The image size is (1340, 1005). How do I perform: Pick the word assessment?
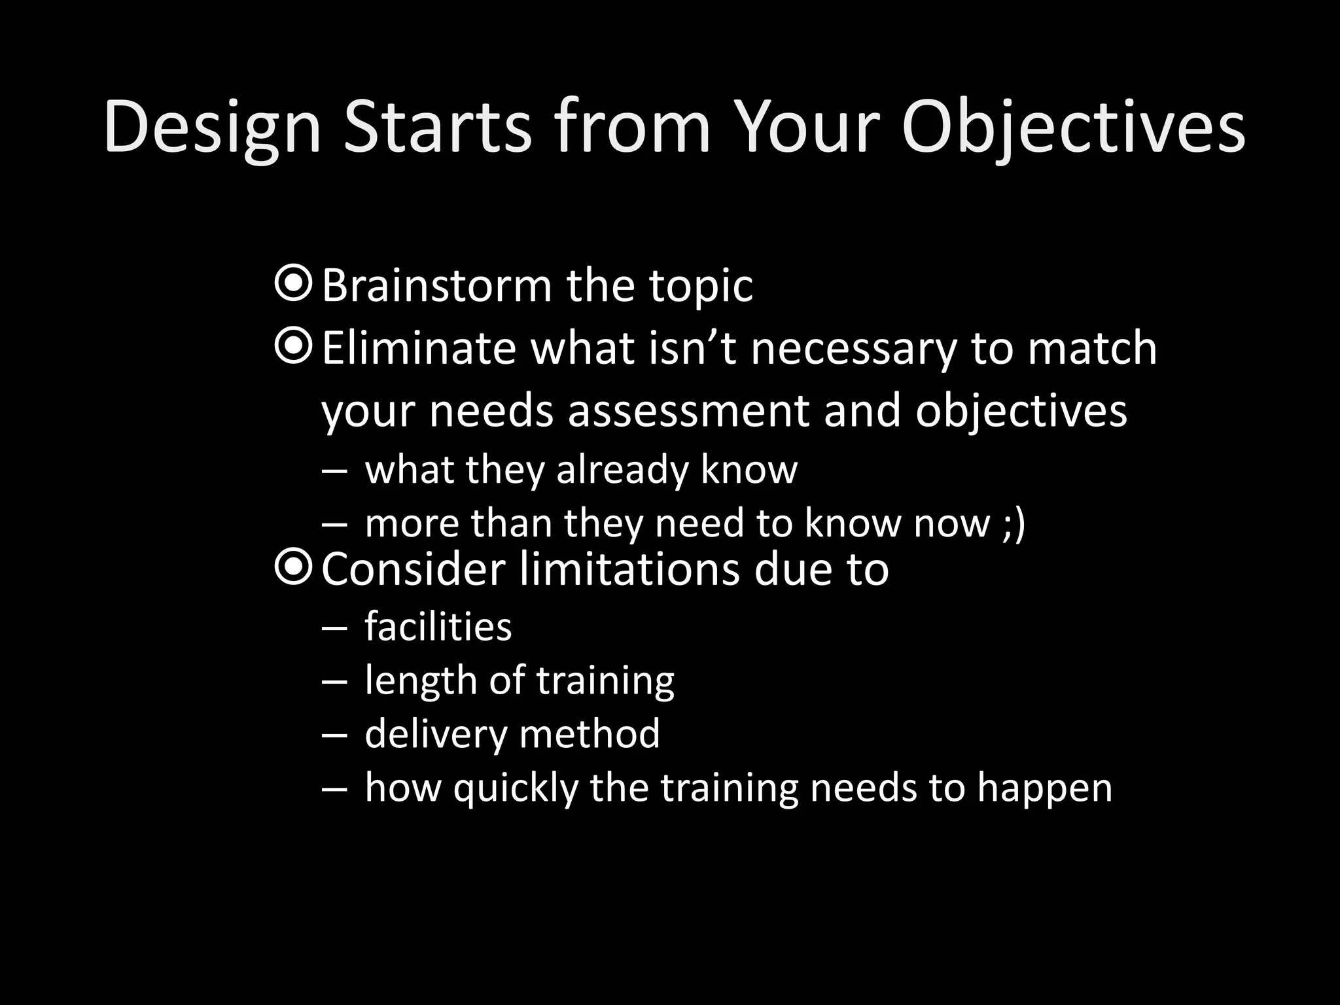pyautogui.click(x=689, y=411)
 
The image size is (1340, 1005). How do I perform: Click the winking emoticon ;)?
pyautogui.click(x=1014, y=524)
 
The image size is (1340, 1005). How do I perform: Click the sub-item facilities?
pyautogui.click(x=438, y=626)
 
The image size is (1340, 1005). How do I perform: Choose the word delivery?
pyautogui.click(x=436, y=734)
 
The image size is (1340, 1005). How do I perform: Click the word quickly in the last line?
pyautogui.click(x=516, y=788)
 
